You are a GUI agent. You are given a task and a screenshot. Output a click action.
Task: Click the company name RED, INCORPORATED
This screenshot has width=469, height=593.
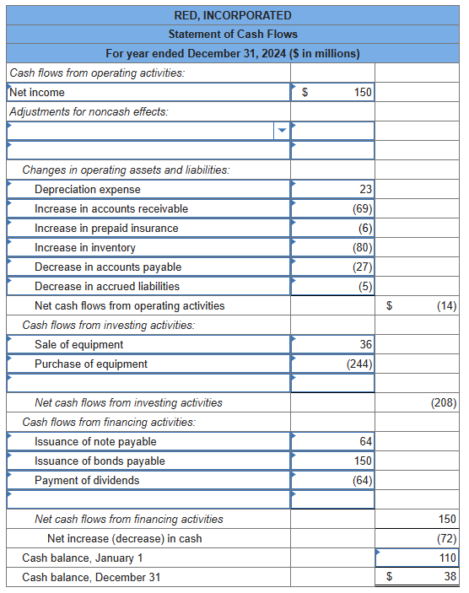tap(233, 15)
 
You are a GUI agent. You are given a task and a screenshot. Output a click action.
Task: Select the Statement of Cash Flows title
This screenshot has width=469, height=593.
tap(233, 34)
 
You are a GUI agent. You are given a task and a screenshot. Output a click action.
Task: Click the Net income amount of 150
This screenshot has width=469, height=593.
tap(363, 92)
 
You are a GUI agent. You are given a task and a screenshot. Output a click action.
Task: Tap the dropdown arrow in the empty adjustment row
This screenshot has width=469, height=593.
tap(282, 130)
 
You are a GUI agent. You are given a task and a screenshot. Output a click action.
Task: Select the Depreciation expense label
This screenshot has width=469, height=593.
tap(88, 189)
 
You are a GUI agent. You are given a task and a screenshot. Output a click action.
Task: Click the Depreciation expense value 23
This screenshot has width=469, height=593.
tap(365, 189)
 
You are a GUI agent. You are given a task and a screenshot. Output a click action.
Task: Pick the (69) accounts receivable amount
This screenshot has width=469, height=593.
tap(363, 208)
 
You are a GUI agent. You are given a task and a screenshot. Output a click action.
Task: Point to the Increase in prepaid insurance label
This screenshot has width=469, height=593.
tap(106, 228)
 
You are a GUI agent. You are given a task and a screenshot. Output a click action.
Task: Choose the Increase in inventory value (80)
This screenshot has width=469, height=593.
tap(363, 247)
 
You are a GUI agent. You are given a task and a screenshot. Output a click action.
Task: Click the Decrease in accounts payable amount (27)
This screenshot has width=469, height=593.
tap(363, 267)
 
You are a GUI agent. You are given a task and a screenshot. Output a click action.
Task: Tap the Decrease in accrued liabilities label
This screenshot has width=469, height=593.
tap(107, 286)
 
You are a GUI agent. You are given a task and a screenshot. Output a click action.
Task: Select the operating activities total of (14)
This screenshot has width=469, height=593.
tap(446, 305)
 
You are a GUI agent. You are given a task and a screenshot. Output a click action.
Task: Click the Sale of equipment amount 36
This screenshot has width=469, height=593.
tap(365, 344)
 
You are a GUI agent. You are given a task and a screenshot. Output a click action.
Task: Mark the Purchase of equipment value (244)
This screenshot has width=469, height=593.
tap(360, 364)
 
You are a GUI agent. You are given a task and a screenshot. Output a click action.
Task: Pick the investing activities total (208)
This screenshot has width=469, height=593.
tap(443, 402)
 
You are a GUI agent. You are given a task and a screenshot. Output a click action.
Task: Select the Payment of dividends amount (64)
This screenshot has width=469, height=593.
tap(363, 480)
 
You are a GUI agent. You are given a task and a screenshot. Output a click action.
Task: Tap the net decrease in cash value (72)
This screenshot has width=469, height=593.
tap(446, 538)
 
